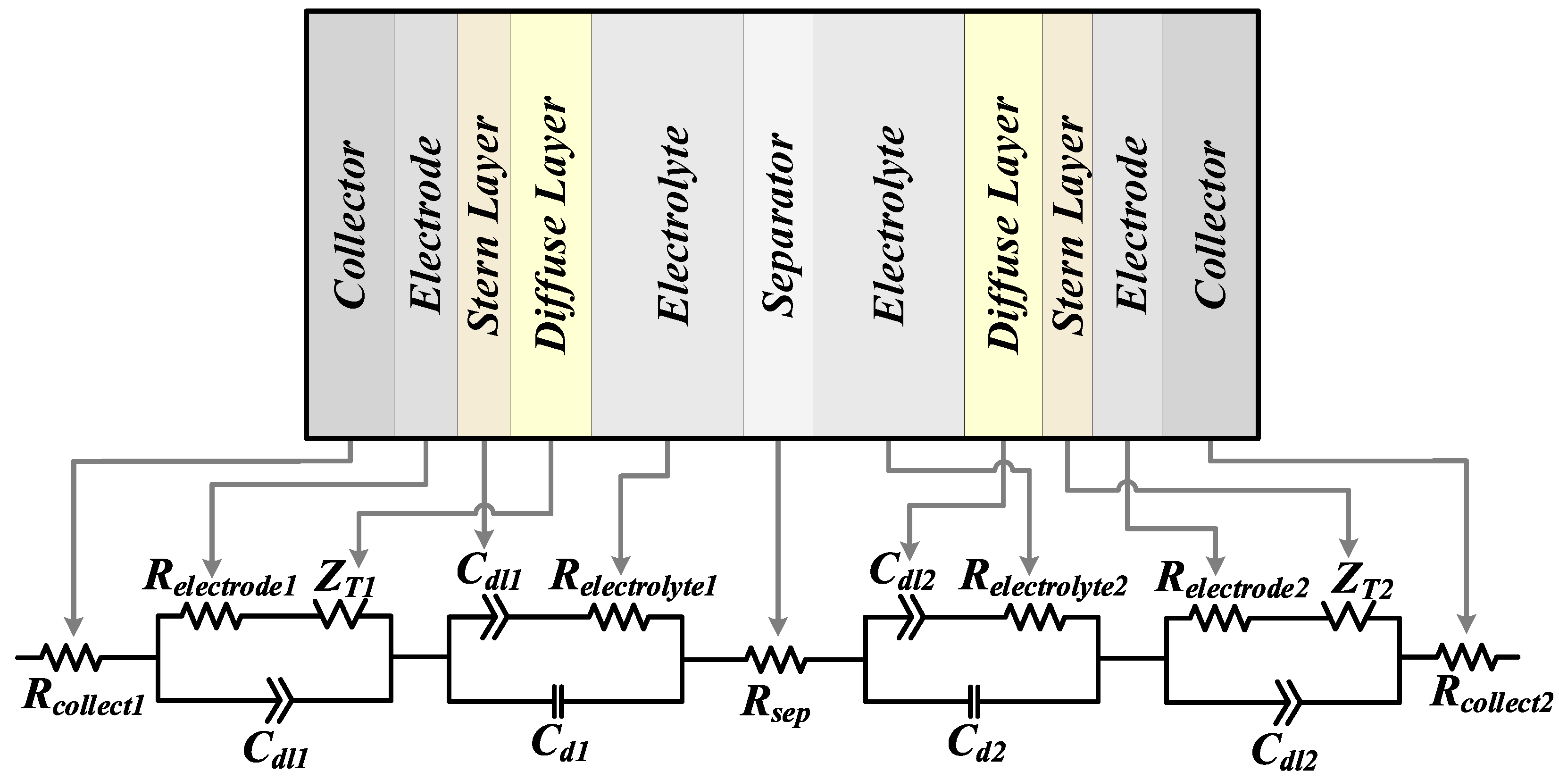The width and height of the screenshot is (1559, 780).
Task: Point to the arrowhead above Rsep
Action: (779, 629)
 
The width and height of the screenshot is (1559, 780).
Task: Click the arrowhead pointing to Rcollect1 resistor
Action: (74, 628)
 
